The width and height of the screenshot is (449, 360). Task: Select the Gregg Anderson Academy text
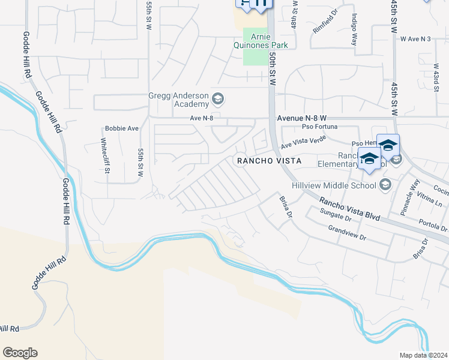click(179, 100)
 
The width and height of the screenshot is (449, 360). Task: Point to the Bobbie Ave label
click(122, 128)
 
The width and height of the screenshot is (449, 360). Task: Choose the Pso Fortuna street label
click(320, 127)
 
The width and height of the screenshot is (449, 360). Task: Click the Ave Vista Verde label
click(303, 142)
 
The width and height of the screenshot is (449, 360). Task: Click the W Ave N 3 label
click(415, 39)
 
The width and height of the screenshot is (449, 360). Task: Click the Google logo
click(20, 353)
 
